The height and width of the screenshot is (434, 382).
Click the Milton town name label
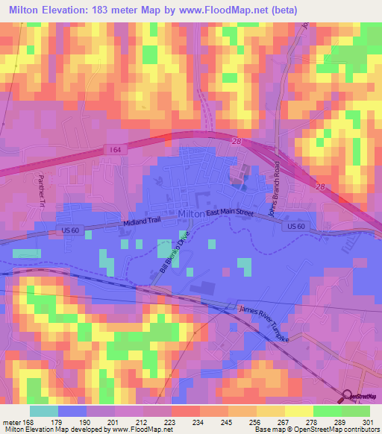click(x=192, y=215)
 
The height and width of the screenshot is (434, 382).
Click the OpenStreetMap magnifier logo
click(x=348, y=395)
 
